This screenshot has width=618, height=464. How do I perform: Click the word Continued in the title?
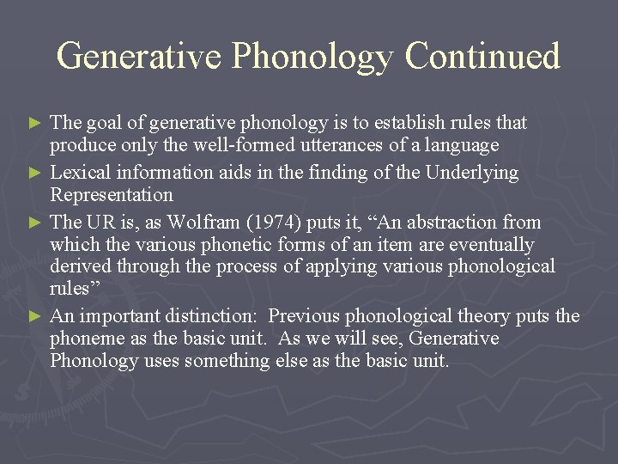click(482, 56)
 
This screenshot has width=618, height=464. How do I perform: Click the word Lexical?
click(82, 173)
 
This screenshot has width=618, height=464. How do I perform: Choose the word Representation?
click(112, 195)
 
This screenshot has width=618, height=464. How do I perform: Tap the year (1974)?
click(273, 222)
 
